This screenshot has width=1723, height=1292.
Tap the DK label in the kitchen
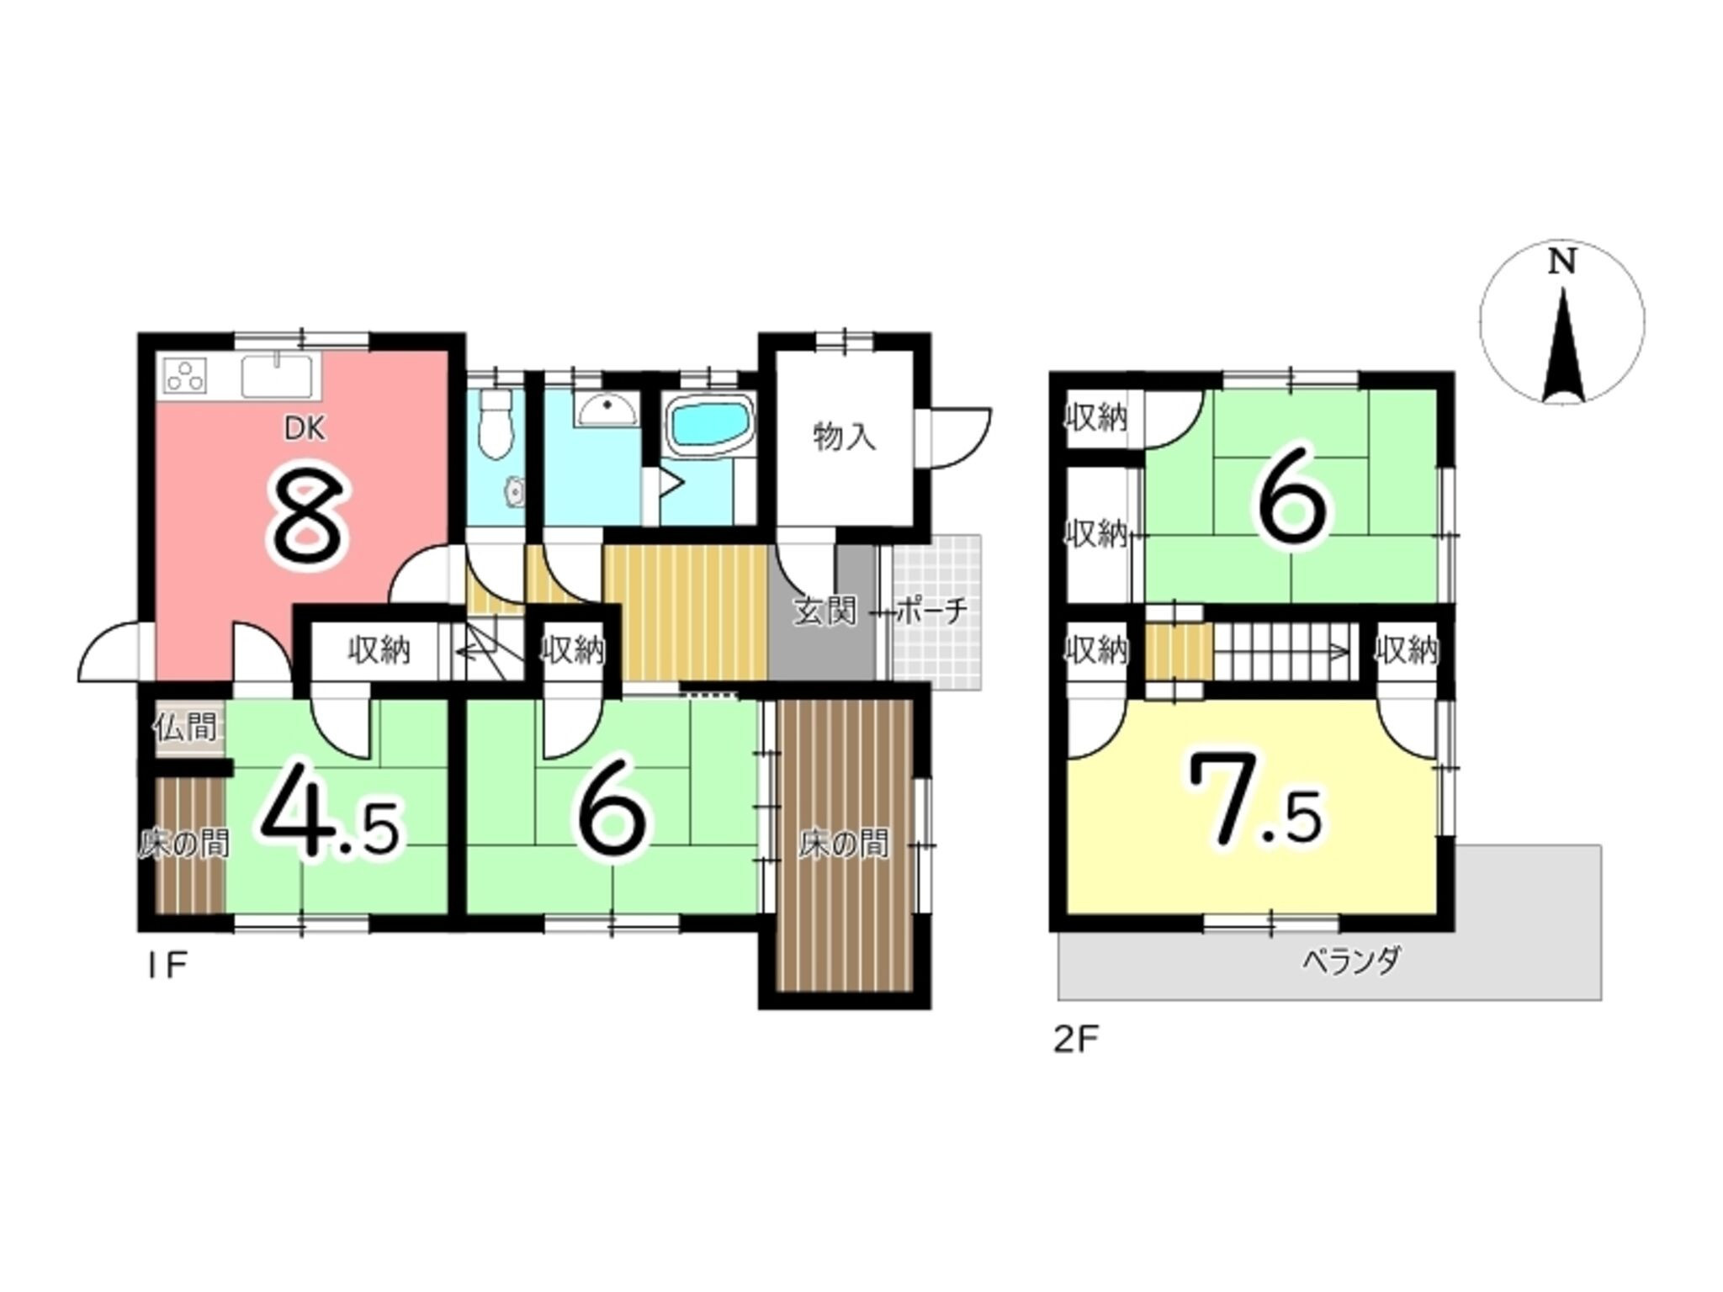coord(304,430)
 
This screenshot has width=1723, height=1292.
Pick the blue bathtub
coord(710,427)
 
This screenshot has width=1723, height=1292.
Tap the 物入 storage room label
coord(844,437)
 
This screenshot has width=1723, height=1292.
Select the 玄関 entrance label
coord(825,612)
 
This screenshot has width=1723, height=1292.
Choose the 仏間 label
coord(185,726)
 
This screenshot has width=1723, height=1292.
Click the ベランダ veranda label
coord(1352,961)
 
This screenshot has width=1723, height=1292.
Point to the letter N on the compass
coord(1562,263)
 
